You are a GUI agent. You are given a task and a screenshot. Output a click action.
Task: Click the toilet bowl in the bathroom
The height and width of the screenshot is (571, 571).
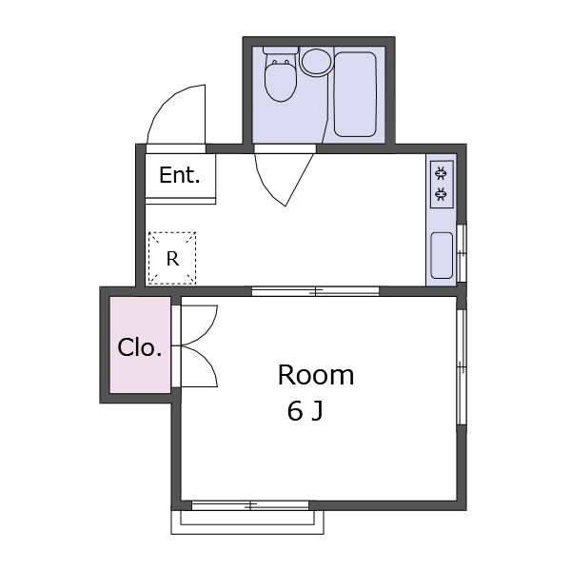280,79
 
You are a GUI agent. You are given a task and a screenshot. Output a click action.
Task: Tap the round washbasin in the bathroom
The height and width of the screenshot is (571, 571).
316,62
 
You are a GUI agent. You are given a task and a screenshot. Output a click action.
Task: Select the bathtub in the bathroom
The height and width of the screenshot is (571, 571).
355,94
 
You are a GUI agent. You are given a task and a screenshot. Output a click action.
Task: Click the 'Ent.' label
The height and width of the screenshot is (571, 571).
180,175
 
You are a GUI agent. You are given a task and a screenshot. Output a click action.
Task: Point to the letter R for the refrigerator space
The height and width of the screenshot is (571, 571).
172,259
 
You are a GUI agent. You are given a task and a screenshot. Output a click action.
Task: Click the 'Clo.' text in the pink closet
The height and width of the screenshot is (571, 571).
140,347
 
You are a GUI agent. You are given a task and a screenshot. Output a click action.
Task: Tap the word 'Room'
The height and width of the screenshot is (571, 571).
316,375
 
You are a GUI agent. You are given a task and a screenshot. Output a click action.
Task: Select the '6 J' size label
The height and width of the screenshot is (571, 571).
305,411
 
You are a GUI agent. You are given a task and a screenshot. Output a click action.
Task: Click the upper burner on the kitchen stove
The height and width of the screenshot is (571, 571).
441,173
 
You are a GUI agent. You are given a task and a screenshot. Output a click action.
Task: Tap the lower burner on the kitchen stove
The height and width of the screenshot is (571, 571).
441,193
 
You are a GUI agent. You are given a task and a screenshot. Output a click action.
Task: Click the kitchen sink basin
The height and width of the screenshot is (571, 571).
442,255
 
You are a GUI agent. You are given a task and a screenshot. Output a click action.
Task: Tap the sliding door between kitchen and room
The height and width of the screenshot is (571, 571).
316,291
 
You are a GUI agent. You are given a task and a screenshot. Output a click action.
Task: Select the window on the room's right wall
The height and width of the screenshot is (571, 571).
462,367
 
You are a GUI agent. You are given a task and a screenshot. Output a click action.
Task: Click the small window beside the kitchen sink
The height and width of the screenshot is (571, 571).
462,253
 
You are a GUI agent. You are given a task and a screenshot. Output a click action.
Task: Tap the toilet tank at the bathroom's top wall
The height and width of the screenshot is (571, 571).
281,49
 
